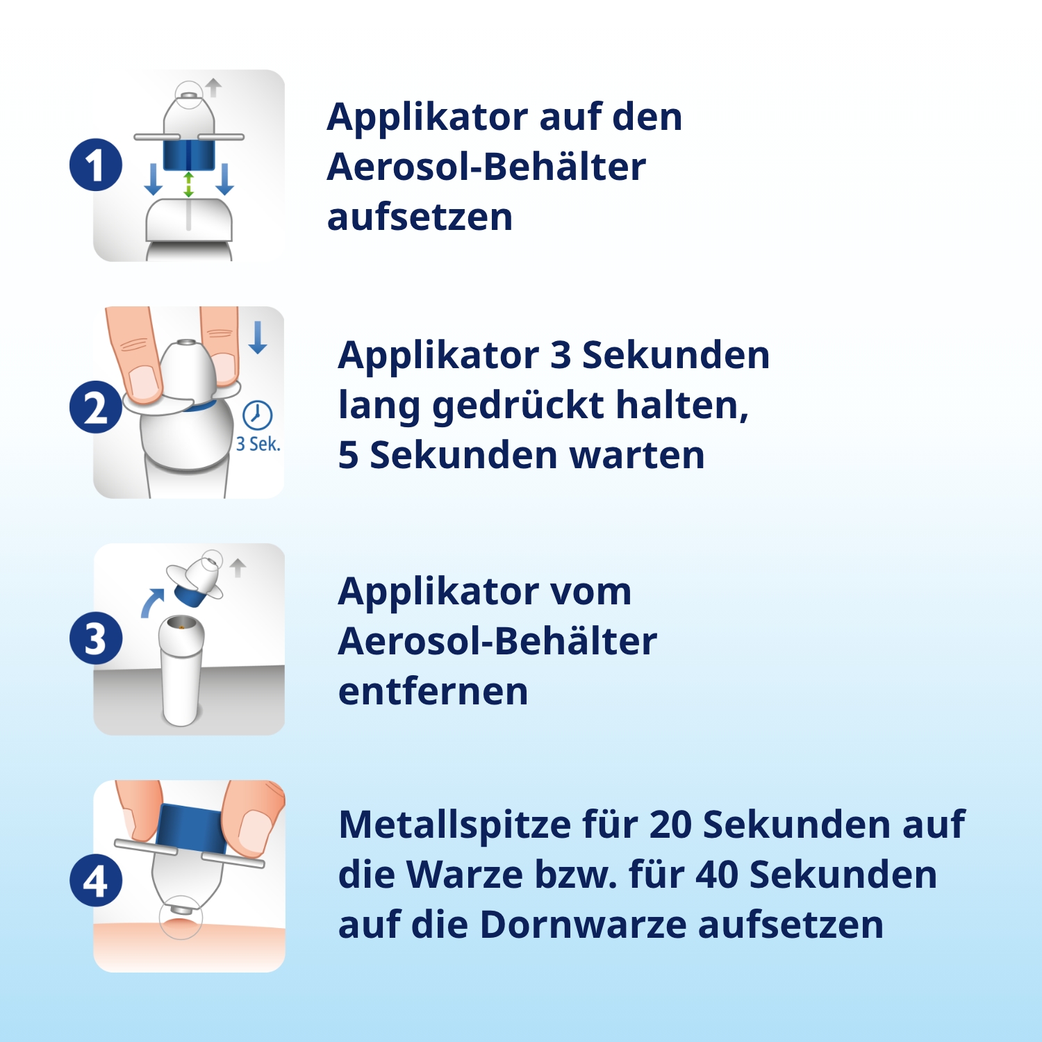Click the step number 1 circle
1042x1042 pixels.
click(96, 165)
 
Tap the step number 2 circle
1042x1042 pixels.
click(96, 407)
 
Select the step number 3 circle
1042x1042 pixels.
click(96, 638)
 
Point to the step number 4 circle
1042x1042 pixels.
click(96, 880)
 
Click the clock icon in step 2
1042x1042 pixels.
click(257, 415)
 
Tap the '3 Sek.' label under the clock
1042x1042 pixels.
click(258, 445)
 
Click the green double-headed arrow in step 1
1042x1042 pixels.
click(188, 185)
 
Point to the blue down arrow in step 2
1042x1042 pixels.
click(258, 338)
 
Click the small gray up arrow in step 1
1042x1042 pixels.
click(213, 88)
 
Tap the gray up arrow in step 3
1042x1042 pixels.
click(238, 568)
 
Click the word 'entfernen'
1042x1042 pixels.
click(433, 692)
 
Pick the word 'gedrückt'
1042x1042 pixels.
click(518, 406)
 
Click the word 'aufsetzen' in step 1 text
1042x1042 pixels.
click(420, 217)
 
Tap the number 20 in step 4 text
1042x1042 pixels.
click(671, 825)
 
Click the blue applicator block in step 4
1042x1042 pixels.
click(191, 827)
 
